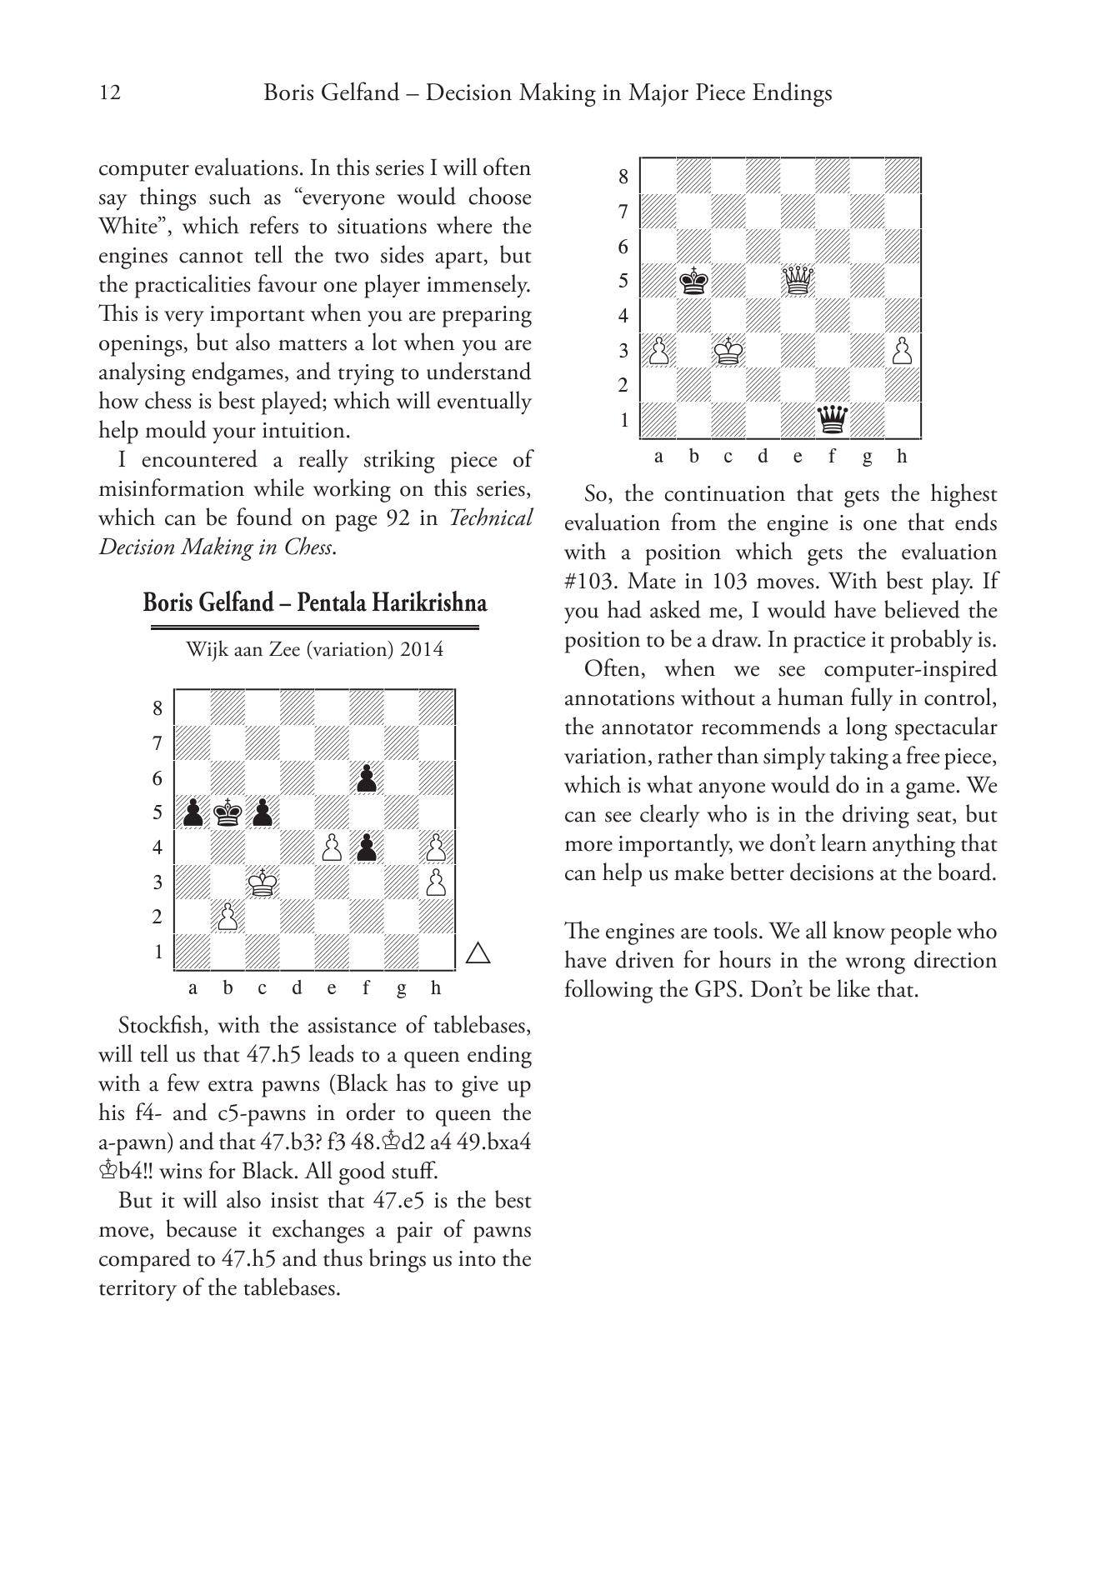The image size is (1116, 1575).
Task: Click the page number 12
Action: tap(110, 92)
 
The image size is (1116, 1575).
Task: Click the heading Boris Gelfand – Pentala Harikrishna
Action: tap(314, 602)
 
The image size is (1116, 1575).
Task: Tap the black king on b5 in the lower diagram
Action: tap(228, 812)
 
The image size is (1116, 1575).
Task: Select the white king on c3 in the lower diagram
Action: tap(263, 882)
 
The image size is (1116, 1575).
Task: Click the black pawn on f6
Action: tap(367, 778)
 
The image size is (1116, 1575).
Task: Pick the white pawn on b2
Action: tap(228, 917)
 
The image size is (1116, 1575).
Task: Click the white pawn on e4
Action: tap(332, 847)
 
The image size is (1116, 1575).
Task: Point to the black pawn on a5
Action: tap(193, 812)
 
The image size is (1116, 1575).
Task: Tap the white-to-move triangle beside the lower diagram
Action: tap(478, 952)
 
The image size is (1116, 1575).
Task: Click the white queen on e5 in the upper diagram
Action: tap(798, 281)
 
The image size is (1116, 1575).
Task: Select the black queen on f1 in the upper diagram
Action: tap(833, 419)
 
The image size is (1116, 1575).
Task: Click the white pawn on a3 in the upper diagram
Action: tap(658, 350)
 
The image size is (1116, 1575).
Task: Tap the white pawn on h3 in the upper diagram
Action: tap(903, 350)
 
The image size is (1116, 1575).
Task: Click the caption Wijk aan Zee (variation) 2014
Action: tap(314, 649)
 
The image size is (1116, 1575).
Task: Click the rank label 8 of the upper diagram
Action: tap(623, 177)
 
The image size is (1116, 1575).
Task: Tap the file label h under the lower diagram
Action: tap(436, 988)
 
